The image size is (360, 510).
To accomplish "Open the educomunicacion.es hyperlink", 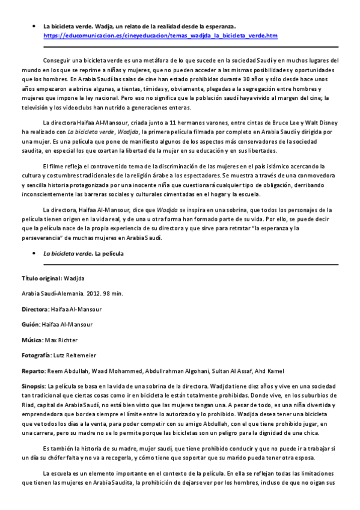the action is [x=160, y=36].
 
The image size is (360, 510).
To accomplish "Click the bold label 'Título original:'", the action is [x=41, y=279].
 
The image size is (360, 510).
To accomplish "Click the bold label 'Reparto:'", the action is [x=34, y=370].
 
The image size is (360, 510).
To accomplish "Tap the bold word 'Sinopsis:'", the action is [x=33, y=386].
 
